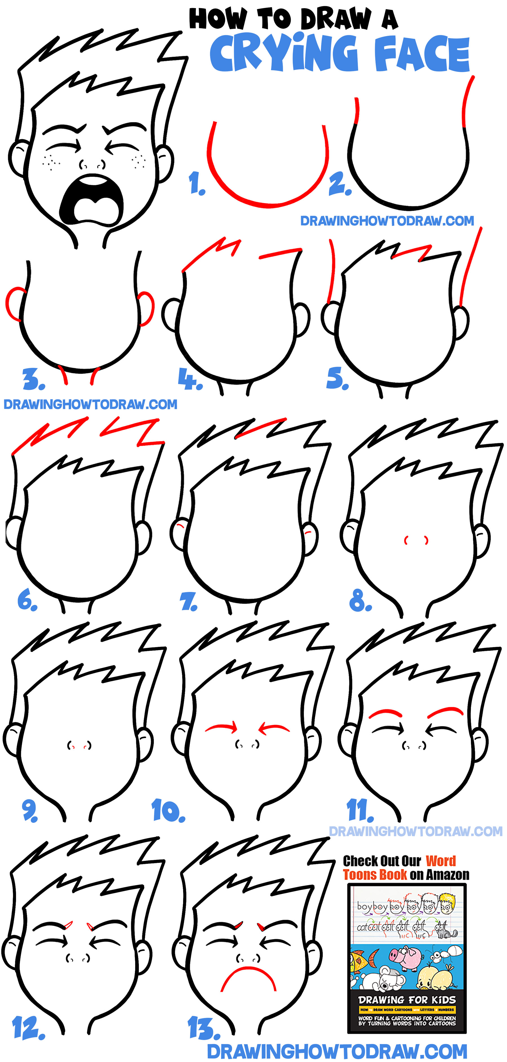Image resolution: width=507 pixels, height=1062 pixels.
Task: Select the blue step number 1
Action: (196, 183)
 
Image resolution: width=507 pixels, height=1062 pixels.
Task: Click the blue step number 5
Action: (337, 379)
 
